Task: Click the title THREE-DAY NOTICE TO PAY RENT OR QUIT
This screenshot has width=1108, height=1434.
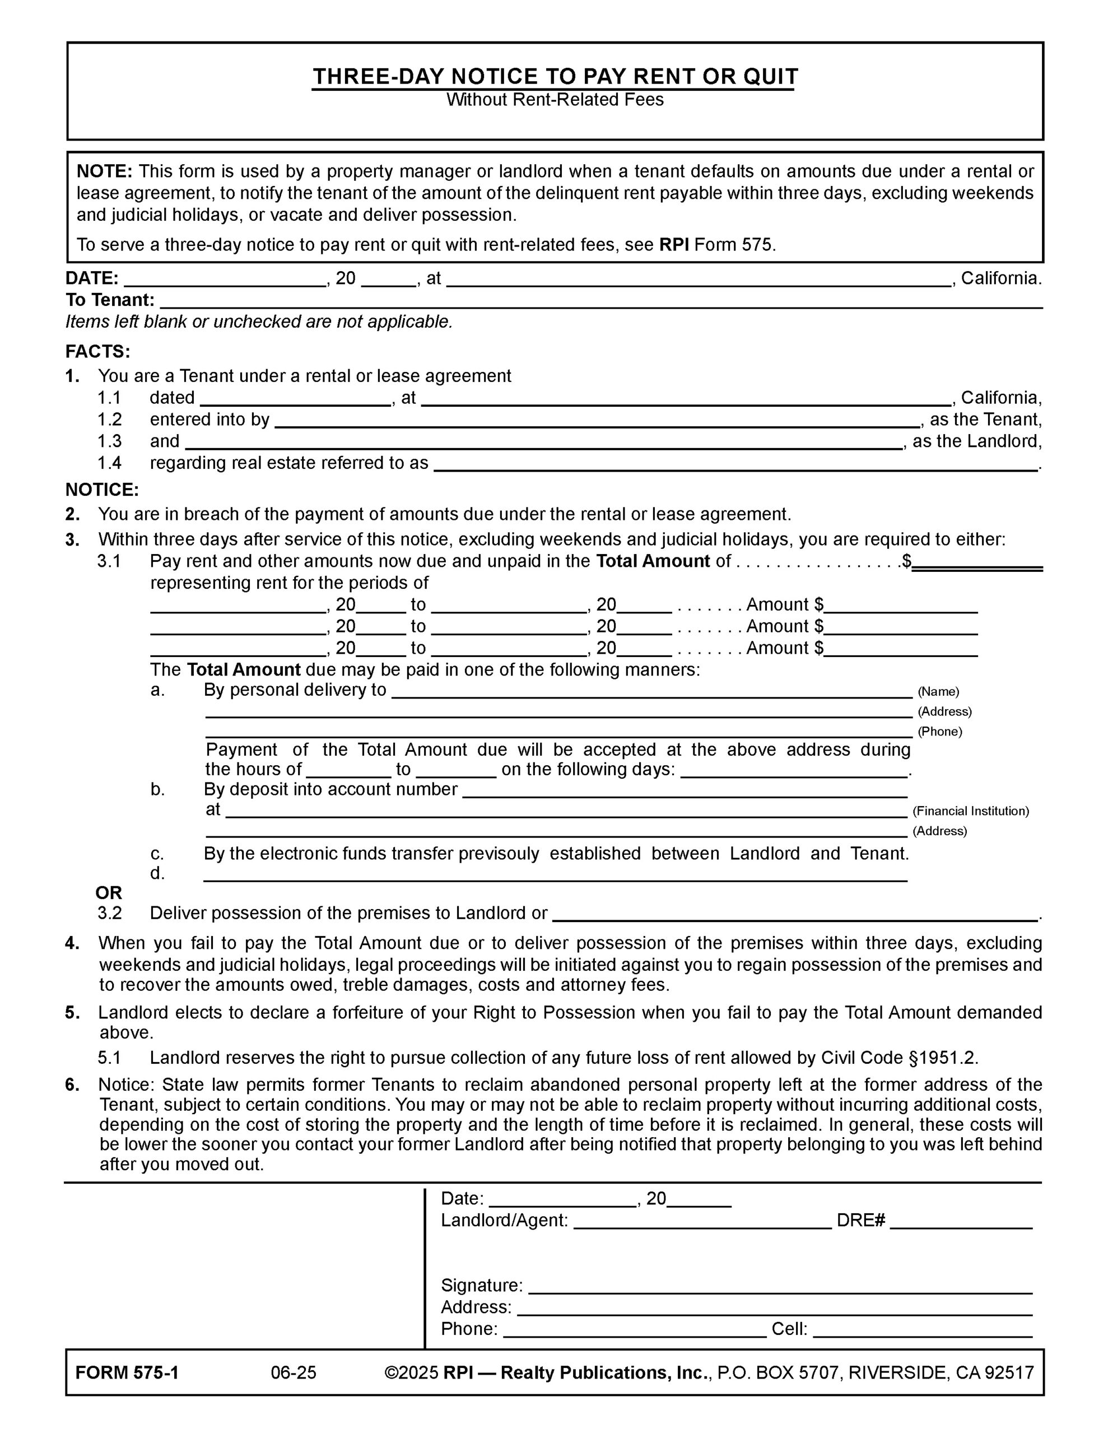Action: click(x=555, y=77)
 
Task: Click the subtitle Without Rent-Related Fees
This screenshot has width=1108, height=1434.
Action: click(x=555, y=100)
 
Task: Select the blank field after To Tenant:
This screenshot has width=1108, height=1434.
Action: click(x=601, y=301)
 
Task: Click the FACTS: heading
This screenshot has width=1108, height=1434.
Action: click(x=98, y=352)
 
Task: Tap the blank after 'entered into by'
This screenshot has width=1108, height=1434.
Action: click(x=597, y=421)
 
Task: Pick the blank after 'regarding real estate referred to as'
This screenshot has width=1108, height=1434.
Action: click(x=735, y=464)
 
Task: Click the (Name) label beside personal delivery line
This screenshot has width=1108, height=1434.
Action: click(x=938, y=691)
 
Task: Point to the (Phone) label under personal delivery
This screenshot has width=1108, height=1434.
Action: click(x=939, y=732)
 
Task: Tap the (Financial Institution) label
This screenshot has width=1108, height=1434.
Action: click(x=970, y=811)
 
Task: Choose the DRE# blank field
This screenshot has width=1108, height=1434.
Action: click(x=961, y=1221)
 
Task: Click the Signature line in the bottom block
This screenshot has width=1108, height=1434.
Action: click(x=780, y=1286)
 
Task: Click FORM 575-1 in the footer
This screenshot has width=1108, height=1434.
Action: click(x=127, y=1373)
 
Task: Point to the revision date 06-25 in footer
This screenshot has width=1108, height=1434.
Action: click(x=294, y=1373)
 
